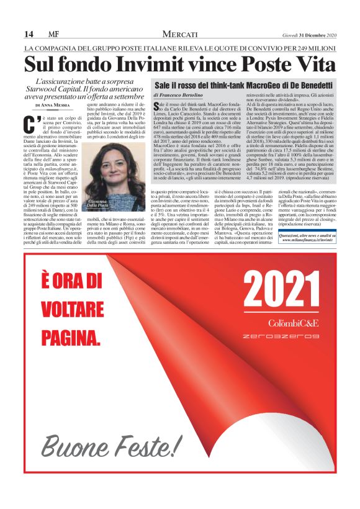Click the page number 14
click(x=29, y=34)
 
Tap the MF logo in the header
click(x=53, y=34)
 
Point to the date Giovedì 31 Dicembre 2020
click(x=308, y=34)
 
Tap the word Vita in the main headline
click(x=312, y=65)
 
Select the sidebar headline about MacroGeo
click(x=243, y=84)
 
